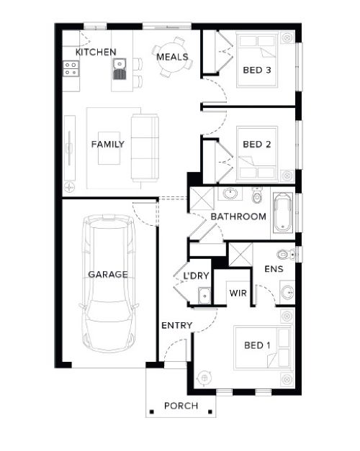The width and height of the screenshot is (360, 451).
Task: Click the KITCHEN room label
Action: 96,52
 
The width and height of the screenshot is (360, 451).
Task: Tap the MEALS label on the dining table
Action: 172,57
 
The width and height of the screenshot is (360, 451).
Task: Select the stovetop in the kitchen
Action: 71,68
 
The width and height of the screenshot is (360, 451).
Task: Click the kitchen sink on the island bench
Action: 120,69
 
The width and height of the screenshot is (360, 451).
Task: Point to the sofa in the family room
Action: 145,147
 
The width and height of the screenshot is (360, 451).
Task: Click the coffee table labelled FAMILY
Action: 109,148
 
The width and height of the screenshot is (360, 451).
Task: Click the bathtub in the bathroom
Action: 283,212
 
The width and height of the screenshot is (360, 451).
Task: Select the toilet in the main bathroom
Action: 257,195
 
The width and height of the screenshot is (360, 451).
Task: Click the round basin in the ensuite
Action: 287,293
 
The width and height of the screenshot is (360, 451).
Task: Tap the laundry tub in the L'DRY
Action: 204,296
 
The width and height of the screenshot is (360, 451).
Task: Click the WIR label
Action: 238,293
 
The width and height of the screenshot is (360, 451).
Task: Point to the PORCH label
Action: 181,406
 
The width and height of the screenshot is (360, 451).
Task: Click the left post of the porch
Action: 151,411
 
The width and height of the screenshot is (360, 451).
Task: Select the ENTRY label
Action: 177,325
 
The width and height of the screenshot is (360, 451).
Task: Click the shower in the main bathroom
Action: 202,199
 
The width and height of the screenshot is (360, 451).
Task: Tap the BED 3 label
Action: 257,70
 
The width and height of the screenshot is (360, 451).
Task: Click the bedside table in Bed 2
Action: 287,176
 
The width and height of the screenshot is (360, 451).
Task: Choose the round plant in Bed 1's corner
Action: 204,378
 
